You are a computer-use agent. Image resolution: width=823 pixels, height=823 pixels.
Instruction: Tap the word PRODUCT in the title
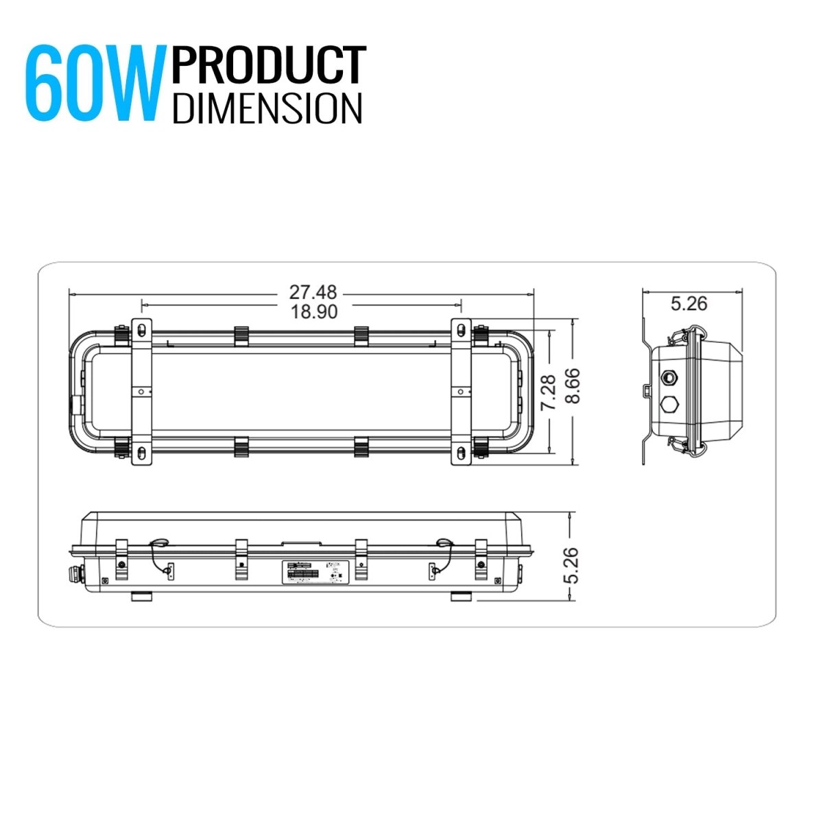(x=269, y=66)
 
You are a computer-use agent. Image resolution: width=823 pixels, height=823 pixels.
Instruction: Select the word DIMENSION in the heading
(x=267, y=108)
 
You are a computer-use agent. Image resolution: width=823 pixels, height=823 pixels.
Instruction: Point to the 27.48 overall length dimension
(x=313, y=293)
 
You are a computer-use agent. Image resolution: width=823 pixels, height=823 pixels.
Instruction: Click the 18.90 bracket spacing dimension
(x=313, y=311)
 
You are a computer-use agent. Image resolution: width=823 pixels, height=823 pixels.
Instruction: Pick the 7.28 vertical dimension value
(x=547, y=392)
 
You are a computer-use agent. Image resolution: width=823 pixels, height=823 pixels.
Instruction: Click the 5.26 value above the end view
(x=689, y=303)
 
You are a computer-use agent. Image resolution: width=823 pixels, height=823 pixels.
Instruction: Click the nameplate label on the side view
(x=316, y=572)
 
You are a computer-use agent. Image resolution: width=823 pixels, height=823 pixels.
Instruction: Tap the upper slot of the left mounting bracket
(x=141, y=330)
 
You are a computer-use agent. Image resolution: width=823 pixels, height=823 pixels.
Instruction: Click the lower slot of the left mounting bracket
(x=141, y=452)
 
